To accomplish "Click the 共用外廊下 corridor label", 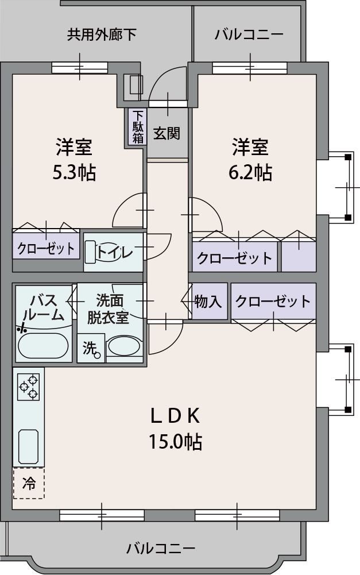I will tap(102, 34).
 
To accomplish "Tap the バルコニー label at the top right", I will tap(249, 34).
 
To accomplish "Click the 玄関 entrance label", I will tap(167, 133).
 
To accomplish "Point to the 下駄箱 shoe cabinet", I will tap(138, 127).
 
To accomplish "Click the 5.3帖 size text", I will tap(74, 172).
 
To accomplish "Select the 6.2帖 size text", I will tap(250, 172).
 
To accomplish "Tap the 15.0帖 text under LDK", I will tap(175, 441).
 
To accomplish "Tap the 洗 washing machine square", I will tap(91, 349).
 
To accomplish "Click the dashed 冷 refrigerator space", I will tap(29, 483).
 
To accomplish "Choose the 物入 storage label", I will tap(208, 302).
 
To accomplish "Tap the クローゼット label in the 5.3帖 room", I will tap(46, 249).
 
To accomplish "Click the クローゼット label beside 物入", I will tap(273, 301).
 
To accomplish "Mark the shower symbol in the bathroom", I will tap(22, 329).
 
